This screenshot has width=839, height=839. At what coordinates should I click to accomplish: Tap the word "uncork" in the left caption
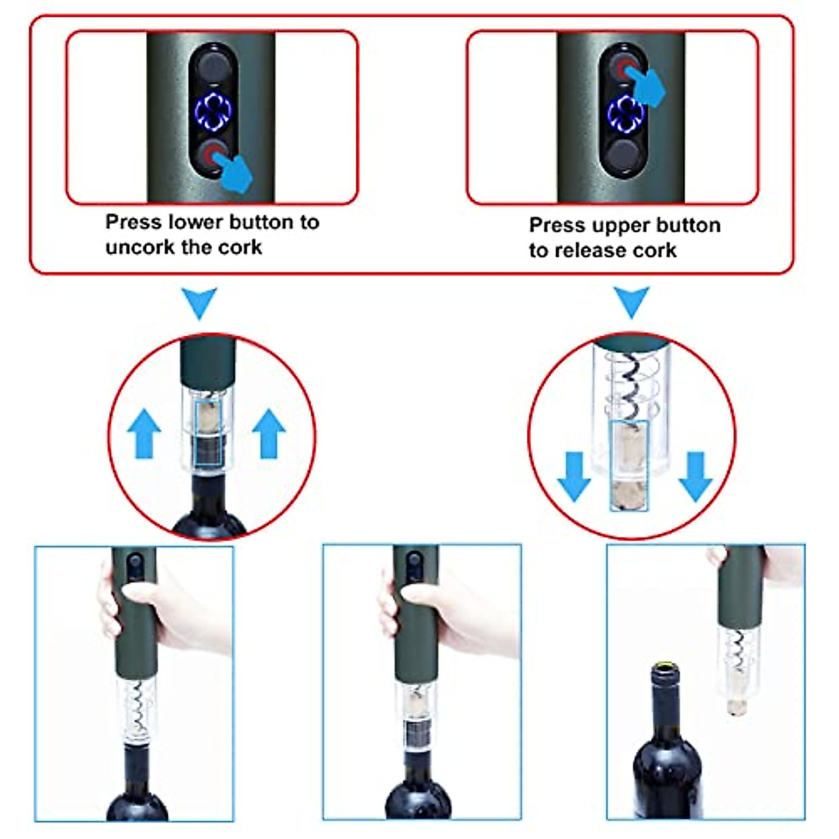coord(137,248)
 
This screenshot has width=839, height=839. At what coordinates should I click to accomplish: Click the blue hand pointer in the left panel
coord(234,174)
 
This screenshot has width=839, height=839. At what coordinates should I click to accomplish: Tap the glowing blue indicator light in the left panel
coord(213,112)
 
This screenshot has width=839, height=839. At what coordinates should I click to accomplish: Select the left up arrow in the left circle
coord(144,433)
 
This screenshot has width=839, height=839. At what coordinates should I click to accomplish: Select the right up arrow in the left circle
coord(268,433)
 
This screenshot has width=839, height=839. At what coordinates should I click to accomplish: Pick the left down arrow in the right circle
coord(575,476)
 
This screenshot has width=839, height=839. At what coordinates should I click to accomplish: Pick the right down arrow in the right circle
coord(695,476)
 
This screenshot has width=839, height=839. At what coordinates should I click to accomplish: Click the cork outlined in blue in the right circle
coord(629,465)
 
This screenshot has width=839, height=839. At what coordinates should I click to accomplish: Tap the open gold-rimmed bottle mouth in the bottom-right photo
coord(666,668)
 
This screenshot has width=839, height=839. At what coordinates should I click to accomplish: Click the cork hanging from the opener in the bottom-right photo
coord(736,703)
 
